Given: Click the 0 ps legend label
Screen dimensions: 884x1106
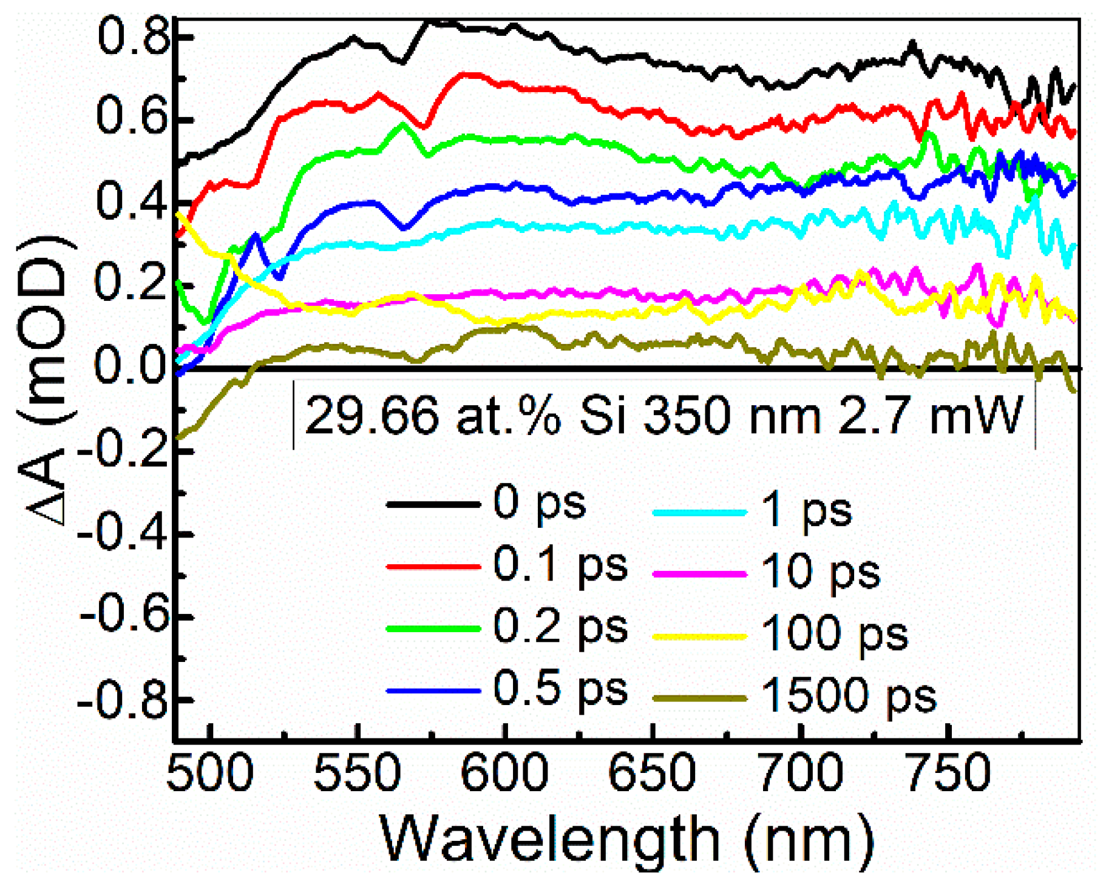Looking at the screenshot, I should point(539,504).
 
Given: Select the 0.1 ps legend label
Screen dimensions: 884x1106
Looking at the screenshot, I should point(560,566).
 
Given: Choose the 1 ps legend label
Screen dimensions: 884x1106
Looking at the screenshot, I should point(806,511).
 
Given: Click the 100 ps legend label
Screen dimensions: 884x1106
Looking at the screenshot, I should point(834,634).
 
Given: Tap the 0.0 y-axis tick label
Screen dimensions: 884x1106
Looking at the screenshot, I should point(131,367).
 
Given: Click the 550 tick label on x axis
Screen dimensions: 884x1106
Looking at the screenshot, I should point(357,774).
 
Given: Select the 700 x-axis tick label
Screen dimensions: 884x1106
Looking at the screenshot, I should point(801,774).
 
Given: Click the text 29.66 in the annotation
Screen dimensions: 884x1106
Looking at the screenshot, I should point(371,416).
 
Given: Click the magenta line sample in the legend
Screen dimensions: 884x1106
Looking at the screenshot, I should point(699,573).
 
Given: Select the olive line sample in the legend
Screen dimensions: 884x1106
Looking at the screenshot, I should point(699,698).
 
